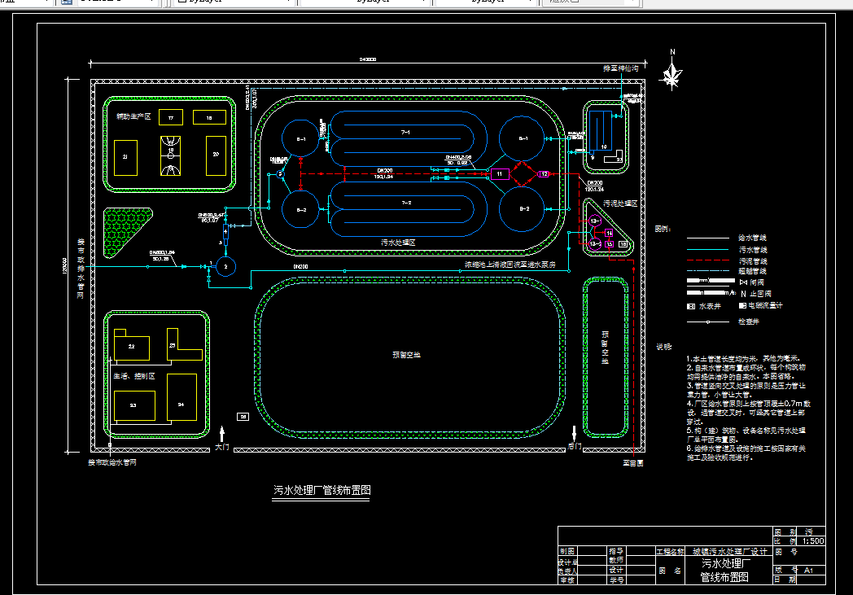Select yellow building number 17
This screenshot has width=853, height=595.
pyautogui.click(x=171, y=118)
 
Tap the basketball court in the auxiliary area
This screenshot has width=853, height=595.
pyautogui.click(x=171, y=155)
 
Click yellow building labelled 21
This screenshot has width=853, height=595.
pyautogui.click(x=125, y=156)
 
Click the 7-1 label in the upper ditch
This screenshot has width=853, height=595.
pyautogui.click(x=405, y=131)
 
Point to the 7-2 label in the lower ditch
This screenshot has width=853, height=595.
pyautogui.click(x=405, y=202)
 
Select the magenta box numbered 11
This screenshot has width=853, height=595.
pyautogui.click(x=498, y=173)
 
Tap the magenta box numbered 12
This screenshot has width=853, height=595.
pyautogui.click(x=545, y=173)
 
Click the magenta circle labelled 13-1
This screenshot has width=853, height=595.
pyautogui.click(x=595, y=221)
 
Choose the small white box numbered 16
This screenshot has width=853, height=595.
pyautogui.click(x=623, y=243)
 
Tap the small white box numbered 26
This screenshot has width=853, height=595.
pyautogui.click(x=243, y=416)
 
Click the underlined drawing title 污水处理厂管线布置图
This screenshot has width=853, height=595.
pyautogui.click(x=323, y=491)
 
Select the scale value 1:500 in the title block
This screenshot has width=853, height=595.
pyautogui.click(x=813, y=540)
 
